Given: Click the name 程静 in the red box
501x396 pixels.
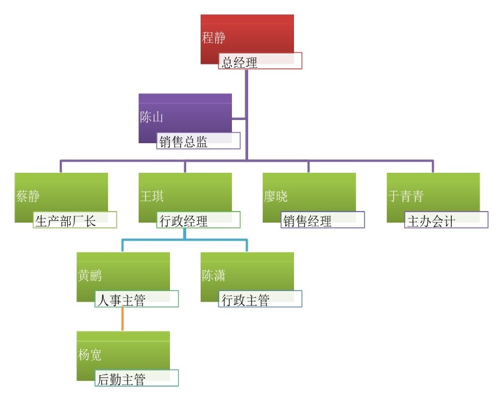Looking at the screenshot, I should point(213,39).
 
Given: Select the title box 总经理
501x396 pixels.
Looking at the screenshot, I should point(260,61).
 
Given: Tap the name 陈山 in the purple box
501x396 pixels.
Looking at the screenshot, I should point(151,117).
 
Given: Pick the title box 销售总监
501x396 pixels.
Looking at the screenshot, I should point(198,141).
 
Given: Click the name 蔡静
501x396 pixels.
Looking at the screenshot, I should point(28,197).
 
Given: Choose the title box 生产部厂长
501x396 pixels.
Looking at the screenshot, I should point(75,220).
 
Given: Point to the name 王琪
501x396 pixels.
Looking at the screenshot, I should point(152,197).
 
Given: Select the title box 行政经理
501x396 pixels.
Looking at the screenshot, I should point(198,220).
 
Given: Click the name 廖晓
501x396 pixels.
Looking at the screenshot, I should point(275,197).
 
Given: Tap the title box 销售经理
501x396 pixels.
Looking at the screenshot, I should point(322,220).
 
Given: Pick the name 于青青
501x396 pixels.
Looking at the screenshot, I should point(405,197).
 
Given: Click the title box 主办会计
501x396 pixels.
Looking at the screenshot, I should point(446,220).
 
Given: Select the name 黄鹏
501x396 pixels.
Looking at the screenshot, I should point(90,276).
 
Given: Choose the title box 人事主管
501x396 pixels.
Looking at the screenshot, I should point(136,299).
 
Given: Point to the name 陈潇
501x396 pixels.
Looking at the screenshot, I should point(214,276).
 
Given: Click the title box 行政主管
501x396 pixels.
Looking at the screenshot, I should point(260,299).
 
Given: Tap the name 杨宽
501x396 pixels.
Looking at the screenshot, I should point(90,355).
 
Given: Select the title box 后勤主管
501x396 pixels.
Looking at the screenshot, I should point(136,379).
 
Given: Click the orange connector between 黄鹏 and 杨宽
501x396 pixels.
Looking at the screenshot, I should point(123,318).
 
